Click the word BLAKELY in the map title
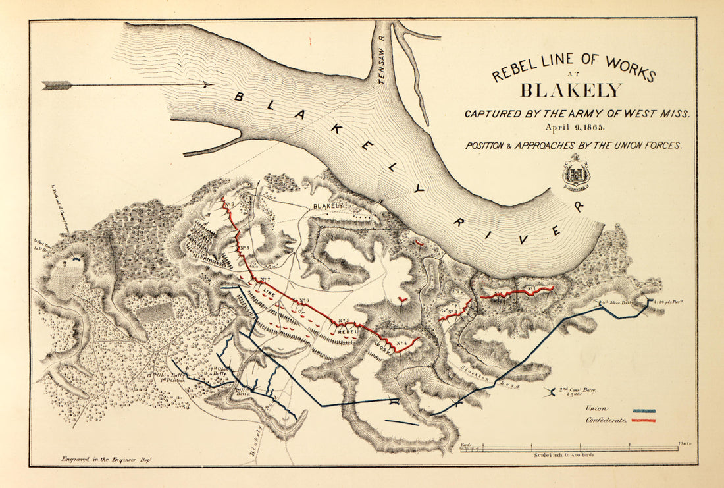pyautogui.click(x=571, y=90)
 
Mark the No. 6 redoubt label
pyautogui.click(x=303, y=300)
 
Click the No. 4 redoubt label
pyautogui.click(x=400, y=342)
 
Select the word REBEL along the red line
pyautogui.click(x=347, y=332)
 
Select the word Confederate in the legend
pyautogui.click(x=605, y=420)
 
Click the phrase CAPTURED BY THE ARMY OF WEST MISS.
pyautogui.click(x=577, y=113)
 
